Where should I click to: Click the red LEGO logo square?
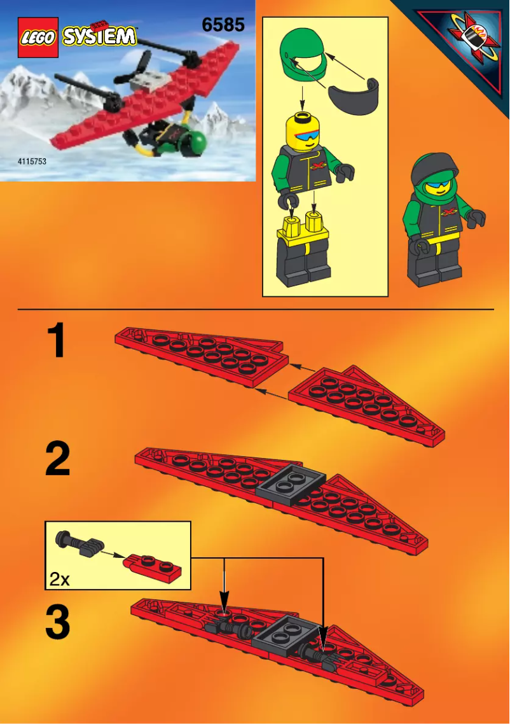click(38, 38)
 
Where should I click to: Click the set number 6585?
click(223, 25)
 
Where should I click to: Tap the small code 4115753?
click(32, 162)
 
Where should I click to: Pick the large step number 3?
click(57, 623)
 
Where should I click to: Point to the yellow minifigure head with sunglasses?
click(308, 130)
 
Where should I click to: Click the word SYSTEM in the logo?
click(100, 36)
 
